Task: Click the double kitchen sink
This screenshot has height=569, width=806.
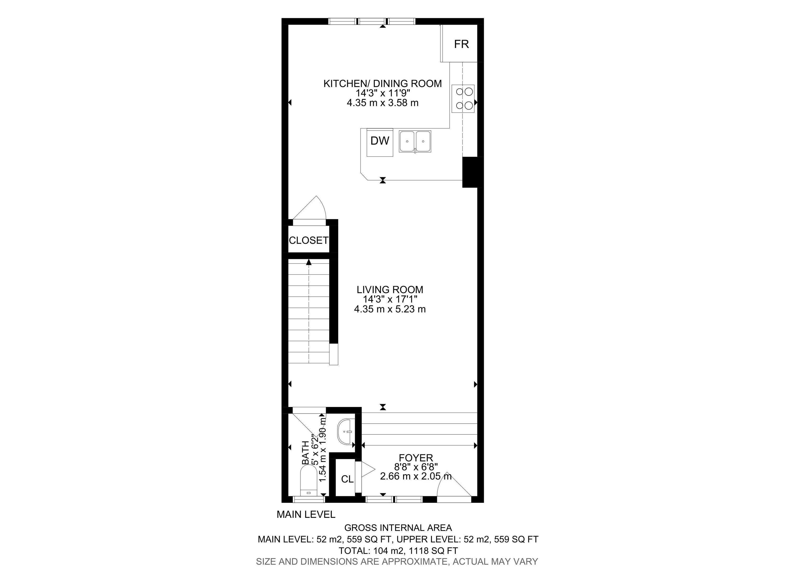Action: (415, 141)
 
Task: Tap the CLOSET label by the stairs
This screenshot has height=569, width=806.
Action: (309, 240)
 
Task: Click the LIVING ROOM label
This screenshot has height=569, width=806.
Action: (390, 290)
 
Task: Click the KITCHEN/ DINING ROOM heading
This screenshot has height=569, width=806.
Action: (382, 83)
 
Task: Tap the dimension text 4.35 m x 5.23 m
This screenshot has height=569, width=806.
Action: (390, 309)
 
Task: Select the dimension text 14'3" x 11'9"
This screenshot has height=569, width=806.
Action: (383, 93)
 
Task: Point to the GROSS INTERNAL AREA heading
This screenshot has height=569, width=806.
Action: (398, 528)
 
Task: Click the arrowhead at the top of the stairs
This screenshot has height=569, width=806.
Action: (309, 262)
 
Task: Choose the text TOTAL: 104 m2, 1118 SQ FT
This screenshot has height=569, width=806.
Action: (398, 551)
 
